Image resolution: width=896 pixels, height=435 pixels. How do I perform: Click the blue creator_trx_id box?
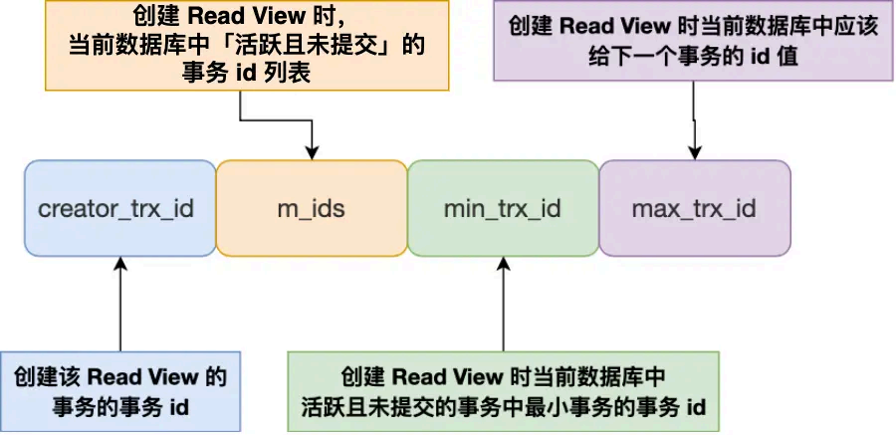coord(119,209)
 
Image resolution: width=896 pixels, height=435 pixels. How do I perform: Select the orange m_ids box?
coord(311,209)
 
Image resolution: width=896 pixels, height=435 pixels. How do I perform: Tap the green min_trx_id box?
coord(502,209)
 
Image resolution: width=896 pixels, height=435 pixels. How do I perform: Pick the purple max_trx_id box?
coord(694,209)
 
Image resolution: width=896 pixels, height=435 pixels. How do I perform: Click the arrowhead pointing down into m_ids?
coord(312,152)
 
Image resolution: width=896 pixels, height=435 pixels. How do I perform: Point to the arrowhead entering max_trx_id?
coord(694,152)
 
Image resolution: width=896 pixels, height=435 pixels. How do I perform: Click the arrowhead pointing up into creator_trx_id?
coord(119,264)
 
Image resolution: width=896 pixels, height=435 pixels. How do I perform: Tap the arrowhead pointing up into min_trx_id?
coord(503,264)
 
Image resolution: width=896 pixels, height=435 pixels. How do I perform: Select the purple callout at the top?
coord(694,41)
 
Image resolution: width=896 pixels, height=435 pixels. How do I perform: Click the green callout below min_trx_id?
coord(503,391)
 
